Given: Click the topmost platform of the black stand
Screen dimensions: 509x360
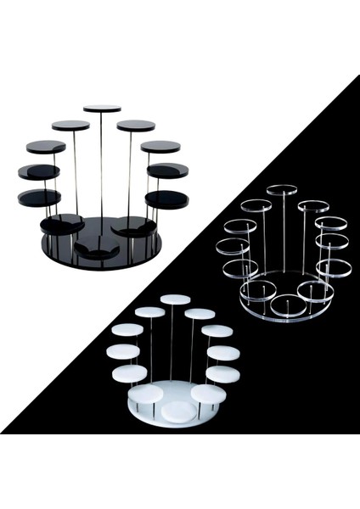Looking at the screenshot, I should pos(102,109).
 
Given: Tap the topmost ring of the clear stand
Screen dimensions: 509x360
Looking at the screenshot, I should pos(283,188).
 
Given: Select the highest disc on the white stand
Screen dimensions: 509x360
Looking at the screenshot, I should pos(175,299).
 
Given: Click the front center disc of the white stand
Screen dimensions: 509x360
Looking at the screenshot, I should pos(177,411).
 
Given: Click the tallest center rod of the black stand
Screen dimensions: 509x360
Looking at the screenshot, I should pos(102,170).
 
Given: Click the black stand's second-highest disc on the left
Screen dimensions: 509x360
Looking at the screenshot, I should pos(70,126).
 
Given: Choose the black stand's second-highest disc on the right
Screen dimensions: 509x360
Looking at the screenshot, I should pos(136,126).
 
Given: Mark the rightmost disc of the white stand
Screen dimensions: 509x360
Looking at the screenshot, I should pos(223,352).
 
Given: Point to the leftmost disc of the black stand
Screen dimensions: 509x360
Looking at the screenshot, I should pos(39,172).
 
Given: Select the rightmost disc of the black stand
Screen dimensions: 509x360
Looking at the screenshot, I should pos(167,171).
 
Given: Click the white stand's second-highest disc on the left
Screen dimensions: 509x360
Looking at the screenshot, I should pos(150,312).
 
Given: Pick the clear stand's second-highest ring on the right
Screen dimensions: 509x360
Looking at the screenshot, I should pos(312,205).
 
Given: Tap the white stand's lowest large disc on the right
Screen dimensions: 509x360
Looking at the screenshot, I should pos(209,394).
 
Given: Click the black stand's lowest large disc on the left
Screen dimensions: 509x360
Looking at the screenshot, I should pos(61,225).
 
